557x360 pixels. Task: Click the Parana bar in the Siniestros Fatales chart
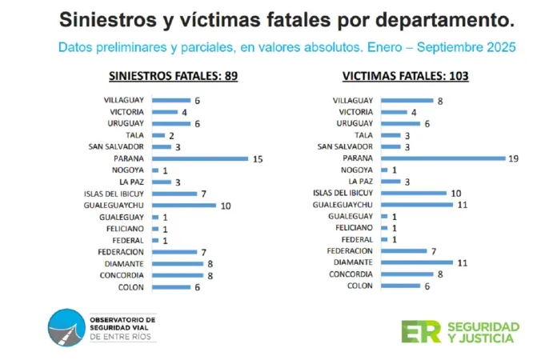click(x=200, y=158)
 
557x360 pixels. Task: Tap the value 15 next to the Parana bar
click(x=258, y=158)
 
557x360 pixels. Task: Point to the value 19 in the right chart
click(x=514, y=158)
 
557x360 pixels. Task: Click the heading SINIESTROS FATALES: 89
click(x=174, y=77)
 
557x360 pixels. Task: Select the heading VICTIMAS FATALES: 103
click(x=406, y=77)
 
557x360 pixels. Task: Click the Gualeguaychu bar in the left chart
click(x=184, y=206)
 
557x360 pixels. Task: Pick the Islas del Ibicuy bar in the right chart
click(x=414, y=194)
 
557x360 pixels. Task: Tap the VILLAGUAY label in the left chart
click(x=124, y=100)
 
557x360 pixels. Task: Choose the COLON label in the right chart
click(x=361, y=286)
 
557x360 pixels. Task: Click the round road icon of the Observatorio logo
click(x=64, y=329)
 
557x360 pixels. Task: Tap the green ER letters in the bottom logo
click(x=421, y=331)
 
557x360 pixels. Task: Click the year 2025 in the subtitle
click(x=499, y=46)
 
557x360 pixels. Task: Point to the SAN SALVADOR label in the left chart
click(x=117, y=146)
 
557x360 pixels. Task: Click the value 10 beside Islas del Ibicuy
click(x=455, y=194)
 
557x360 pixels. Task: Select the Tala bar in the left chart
click(x=158, y=135)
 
